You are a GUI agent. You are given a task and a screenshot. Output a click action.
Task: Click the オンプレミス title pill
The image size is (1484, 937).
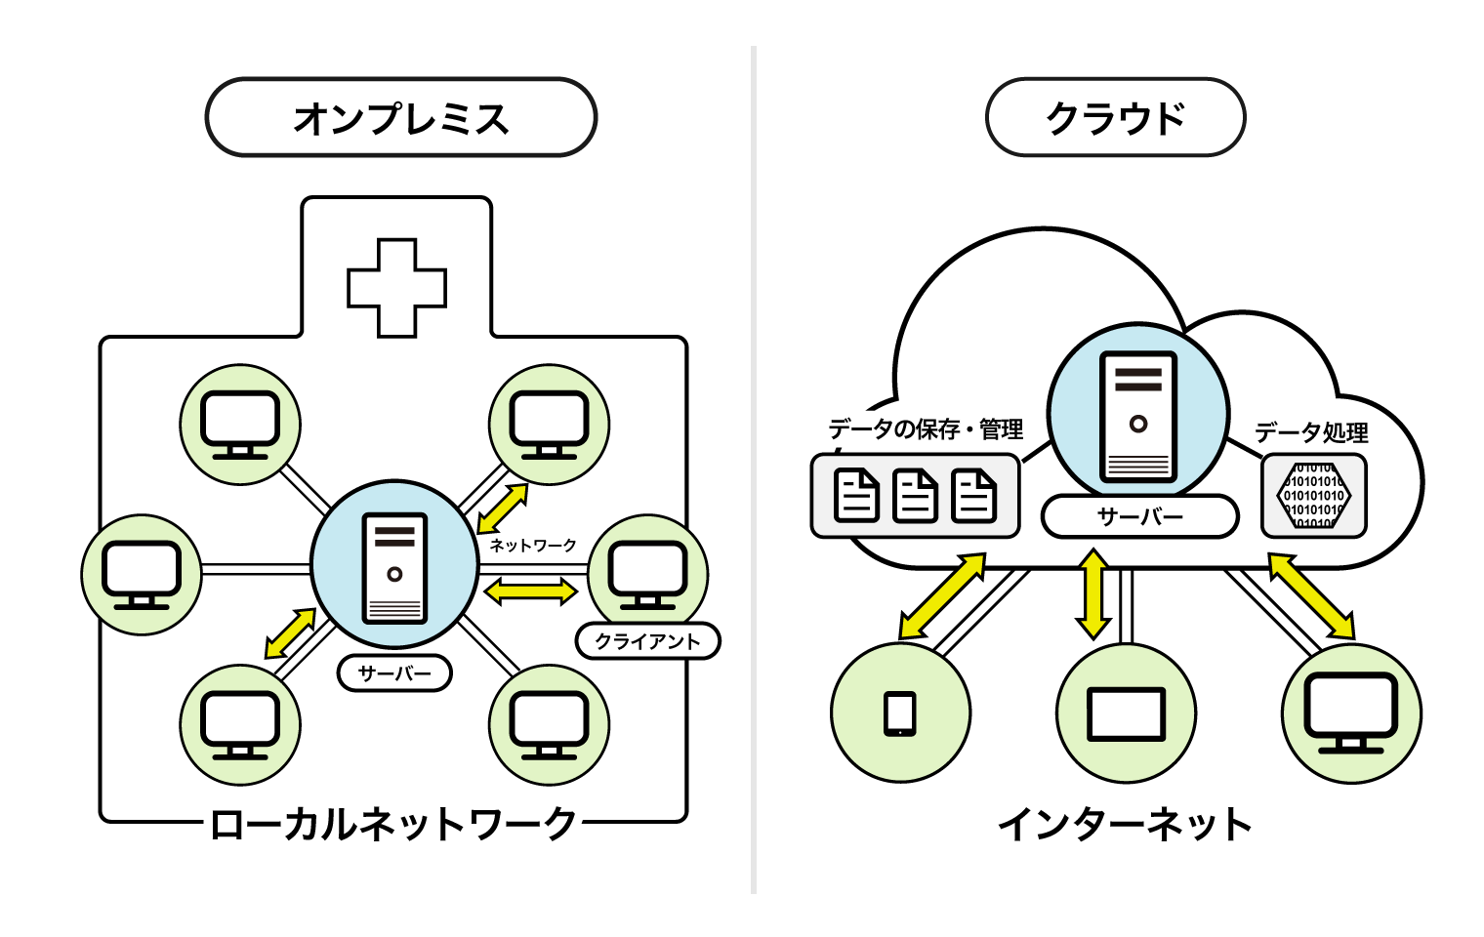(400, 118)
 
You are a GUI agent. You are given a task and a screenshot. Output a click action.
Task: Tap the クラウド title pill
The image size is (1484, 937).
(1115, 118)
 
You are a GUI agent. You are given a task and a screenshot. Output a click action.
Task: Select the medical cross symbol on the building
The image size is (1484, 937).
(397, 288)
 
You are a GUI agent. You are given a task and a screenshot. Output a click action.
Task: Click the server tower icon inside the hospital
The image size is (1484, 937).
(394, 568)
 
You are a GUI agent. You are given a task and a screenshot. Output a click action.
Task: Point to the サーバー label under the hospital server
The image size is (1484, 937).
(394, 673)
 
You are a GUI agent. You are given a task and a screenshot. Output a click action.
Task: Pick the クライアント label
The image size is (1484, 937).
(648, 641)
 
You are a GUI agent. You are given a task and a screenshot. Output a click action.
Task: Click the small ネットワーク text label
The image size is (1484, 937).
(533, 545)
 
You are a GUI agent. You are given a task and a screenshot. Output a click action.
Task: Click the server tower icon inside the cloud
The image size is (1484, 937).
(1138, 417)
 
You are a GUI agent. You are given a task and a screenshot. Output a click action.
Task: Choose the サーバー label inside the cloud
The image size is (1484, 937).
(1139, 516)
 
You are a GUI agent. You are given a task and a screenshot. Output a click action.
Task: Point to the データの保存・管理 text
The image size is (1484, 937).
(926, 429)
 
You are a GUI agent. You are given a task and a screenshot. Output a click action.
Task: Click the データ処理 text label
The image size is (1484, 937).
(1311, 432)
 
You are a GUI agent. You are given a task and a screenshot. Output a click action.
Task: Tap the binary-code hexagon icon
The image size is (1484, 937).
(1314, 496)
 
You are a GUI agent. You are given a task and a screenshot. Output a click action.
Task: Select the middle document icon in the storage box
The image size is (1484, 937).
(916, 496)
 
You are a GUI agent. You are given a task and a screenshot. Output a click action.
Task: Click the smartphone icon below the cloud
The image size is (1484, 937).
(900, 713)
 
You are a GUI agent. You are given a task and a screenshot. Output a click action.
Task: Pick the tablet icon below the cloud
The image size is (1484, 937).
(1127, 714)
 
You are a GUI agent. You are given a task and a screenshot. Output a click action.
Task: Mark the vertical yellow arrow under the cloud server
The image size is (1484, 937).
(1093, 593)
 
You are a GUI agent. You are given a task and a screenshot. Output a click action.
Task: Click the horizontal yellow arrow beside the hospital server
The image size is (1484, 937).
(531, 591)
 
